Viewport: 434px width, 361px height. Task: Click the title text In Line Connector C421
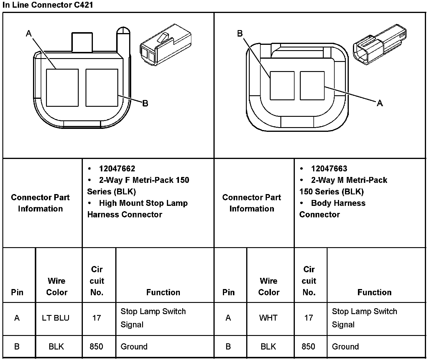coord(47,5)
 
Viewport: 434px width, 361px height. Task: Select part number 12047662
coord(117,169)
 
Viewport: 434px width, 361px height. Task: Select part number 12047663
coord(329,169)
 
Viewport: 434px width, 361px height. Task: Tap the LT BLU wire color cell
coord(55,318)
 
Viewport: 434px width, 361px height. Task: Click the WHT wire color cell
coord(268,318)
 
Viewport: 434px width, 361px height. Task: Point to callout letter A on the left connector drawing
coord(29,34)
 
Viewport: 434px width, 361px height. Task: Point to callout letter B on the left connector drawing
coord(145,103)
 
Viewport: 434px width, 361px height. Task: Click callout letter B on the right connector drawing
coord(240,34)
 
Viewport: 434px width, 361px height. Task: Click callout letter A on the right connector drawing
coord(380,103)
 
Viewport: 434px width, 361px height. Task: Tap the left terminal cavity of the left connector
coord(62,88)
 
